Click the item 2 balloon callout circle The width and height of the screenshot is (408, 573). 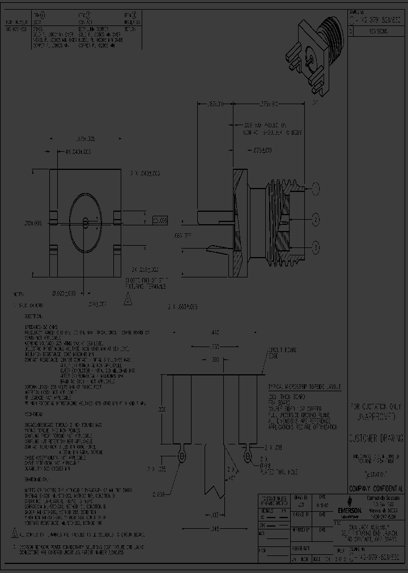tap(316, 219)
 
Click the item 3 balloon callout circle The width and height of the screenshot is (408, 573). tap(316, 246)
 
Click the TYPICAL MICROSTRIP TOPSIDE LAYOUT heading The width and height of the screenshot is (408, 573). tap(305, 386)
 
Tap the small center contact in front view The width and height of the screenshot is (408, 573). tap(85, 221)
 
